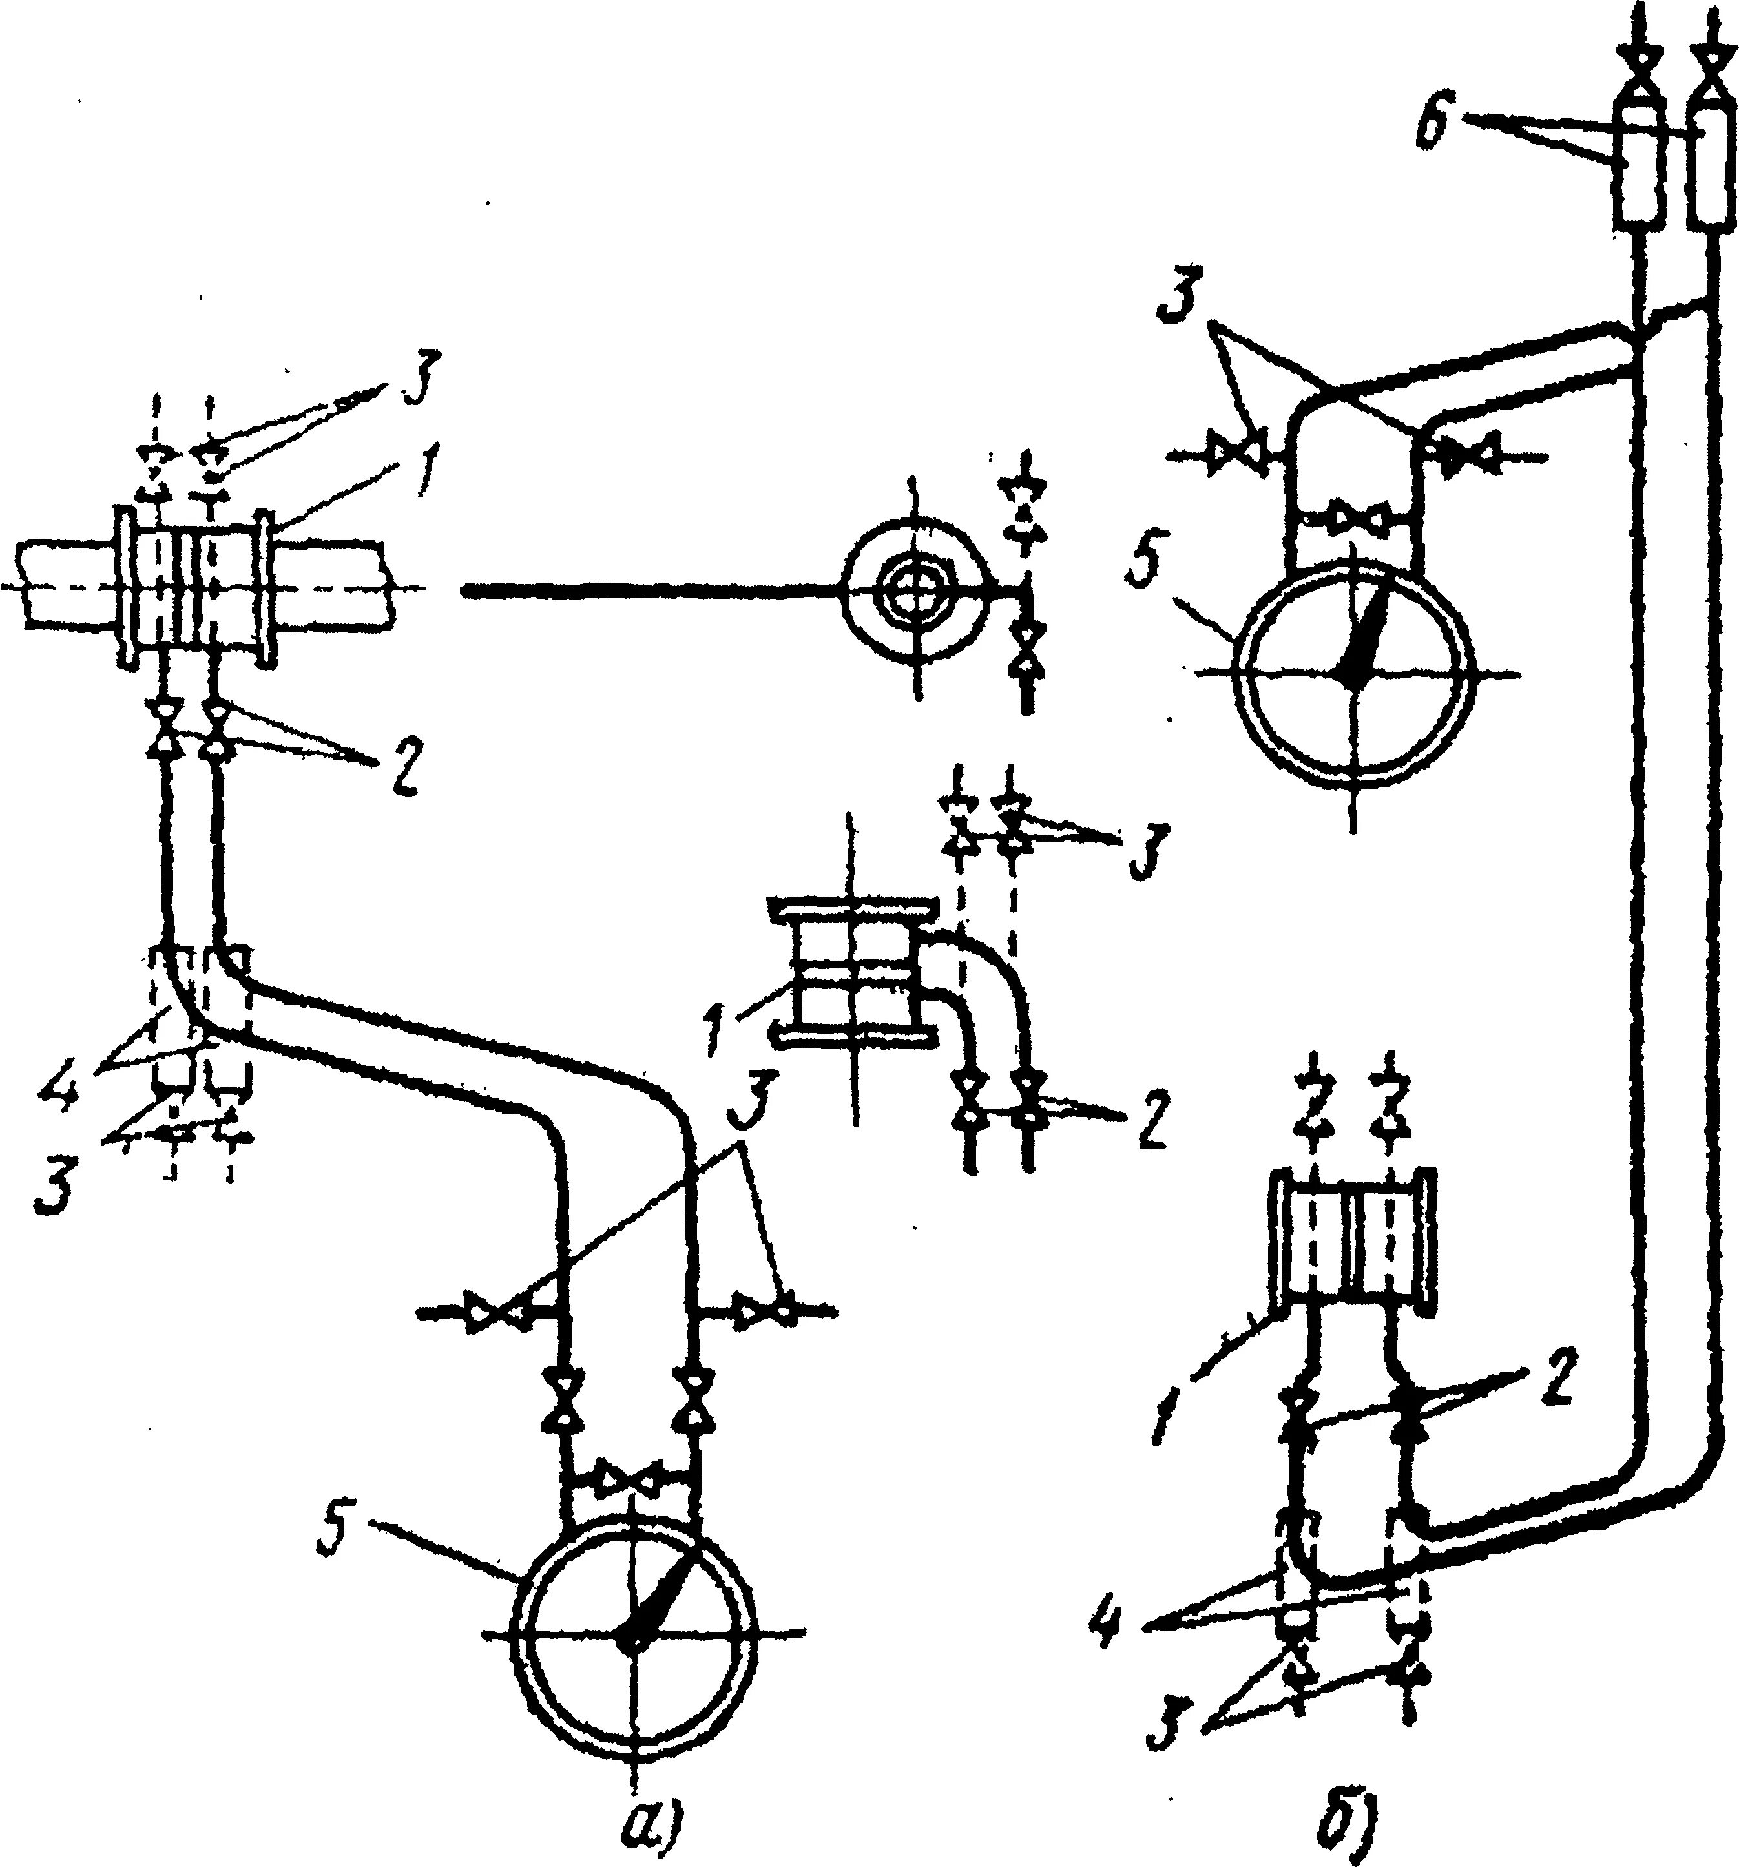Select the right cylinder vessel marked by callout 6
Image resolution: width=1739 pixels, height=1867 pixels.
[x=1709, y=178]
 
